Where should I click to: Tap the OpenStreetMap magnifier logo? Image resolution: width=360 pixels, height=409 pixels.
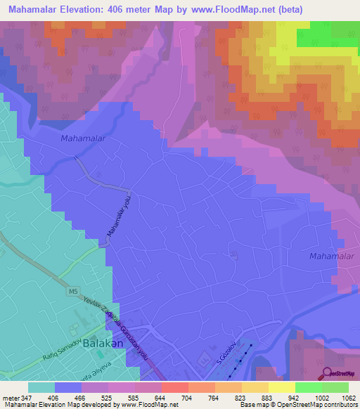327,374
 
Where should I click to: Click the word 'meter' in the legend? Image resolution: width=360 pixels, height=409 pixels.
13,397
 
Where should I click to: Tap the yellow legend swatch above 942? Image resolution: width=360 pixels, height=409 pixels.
281,387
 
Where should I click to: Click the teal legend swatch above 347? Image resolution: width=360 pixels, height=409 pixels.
41,387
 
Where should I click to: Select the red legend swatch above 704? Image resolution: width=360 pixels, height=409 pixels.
174,387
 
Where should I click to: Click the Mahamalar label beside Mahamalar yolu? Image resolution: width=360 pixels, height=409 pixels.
83,138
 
